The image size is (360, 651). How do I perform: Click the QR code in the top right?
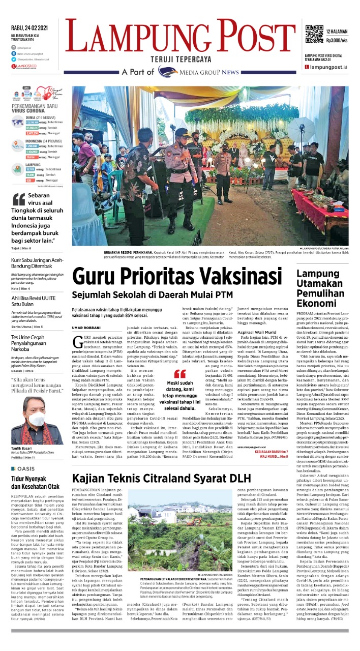click(315, 34)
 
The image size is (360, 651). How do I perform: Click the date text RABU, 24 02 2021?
click(32, 27)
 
